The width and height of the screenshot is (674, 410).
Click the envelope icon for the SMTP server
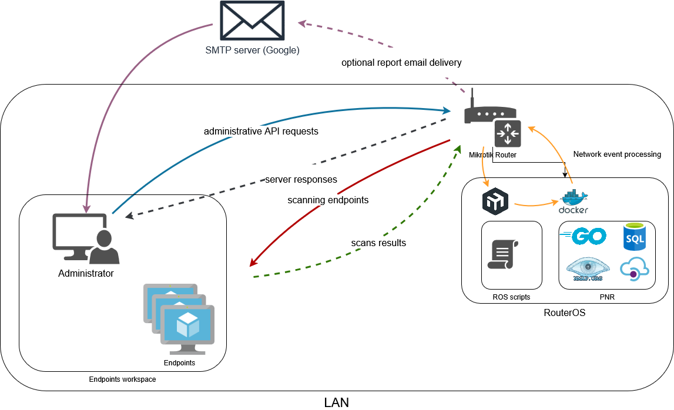click(252, 21)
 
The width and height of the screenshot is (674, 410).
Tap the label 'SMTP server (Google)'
click(252, 51)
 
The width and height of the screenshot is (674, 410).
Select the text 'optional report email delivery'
click(401, 62)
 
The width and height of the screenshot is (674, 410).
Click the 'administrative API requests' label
click(261, 131)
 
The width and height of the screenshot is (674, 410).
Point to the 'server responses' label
click(301, 179)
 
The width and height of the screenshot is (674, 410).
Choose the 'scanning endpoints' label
click(328, 200)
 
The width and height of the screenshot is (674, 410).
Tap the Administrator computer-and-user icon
click(86, 238)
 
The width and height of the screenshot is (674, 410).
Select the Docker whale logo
click(574, 201)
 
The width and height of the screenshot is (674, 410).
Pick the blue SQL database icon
click(635, 237)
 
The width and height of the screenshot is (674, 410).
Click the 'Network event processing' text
click(617, 154)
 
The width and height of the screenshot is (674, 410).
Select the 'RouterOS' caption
click(565, 312)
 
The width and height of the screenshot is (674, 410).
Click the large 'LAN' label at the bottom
click(337, 402)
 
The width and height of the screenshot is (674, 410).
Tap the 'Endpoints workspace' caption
click(122, 379)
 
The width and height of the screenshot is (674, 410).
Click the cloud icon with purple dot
click(635, 268)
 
